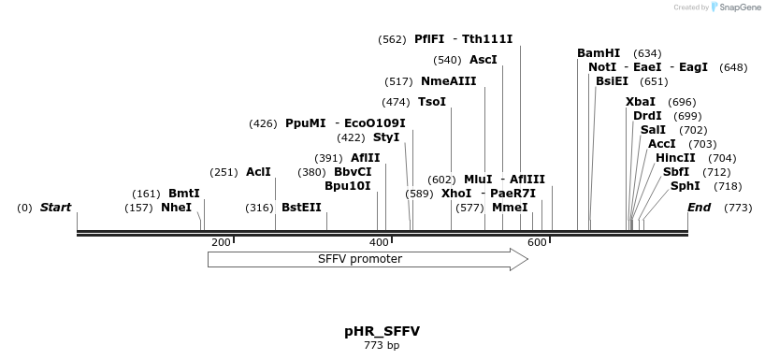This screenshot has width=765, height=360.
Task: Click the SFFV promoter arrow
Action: [x=367, y=259]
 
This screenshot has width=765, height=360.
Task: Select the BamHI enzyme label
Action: [x=599, y=53]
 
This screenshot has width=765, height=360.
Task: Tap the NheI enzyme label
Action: [x=176, y=208]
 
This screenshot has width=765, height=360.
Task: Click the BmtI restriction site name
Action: [x=184, y=194]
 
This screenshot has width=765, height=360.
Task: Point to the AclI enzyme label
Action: [x=258, y=172]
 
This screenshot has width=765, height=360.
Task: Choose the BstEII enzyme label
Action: [x=301, y=208]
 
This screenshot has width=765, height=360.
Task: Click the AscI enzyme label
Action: [x=484, y=60]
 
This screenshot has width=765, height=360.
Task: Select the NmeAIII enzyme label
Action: [x=448, y=81]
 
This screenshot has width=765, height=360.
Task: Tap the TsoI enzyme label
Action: [x=432, y=102]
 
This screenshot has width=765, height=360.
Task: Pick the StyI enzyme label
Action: [x=386, y=137]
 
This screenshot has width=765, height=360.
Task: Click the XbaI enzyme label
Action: [x=641, y=102]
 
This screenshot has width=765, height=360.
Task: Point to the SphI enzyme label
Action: [x=686, y=186]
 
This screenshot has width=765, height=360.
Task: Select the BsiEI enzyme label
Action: [x=613, y=81]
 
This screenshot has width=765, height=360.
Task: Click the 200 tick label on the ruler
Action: [x=221, y=243]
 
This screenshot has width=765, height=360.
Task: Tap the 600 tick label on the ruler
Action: [x=537, y=243]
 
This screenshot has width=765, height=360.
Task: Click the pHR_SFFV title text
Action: [x=382, y=331]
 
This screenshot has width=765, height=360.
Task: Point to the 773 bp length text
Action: [x=382, y=346]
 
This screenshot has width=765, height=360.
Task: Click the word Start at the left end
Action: [x=55, y=208]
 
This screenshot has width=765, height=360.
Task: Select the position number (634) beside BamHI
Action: [x=647, y=53]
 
